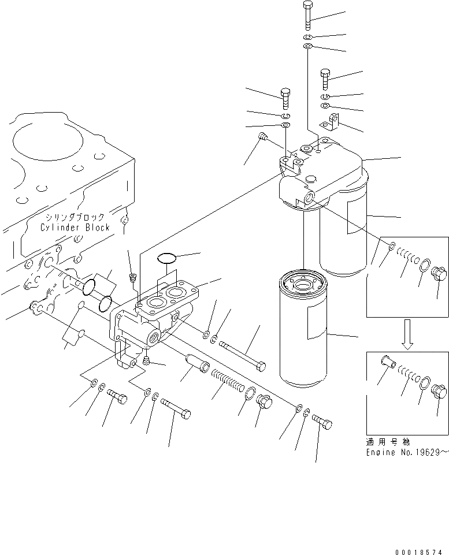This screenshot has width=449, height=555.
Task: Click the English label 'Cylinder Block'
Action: pos(75,228)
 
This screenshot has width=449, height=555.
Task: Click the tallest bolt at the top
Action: pos(307,15)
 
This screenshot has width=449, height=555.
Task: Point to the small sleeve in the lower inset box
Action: pos(385,362)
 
